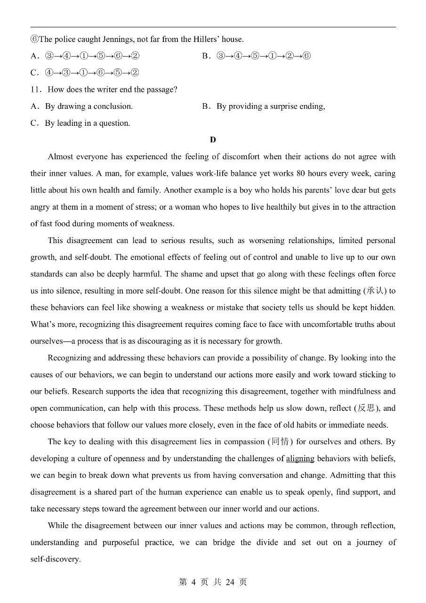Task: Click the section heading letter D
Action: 213,140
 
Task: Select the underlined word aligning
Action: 300,458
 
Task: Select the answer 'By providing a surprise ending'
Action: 270,106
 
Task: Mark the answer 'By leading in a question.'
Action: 87,123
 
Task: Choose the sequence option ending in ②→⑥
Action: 264,56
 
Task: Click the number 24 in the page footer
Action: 230,582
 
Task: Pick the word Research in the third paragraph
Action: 88,391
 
